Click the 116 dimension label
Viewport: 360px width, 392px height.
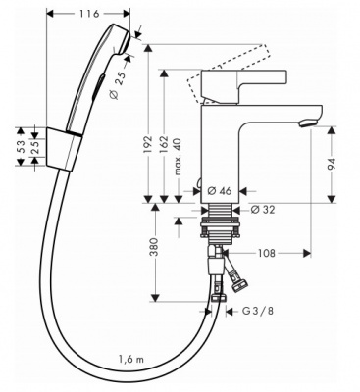[x=88, y=14]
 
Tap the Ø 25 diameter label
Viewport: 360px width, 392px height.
[x=117, y=84]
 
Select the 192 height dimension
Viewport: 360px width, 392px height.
[x=148, y=144]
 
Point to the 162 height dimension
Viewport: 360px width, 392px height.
[x=164, y=144]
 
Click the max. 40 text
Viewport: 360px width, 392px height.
[x=178, y=156]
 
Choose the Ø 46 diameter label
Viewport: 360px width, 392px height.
[x=220, y=190]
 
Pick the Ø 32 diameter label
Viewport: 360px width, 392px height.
[x=263, y=210]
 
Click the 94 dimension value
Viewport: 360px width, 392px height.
[x=332, y=165]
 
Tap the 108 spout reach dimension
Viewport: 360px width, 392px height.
[x=267, y=253]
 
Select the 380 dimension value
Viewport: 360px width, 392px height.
[x=154, y=247]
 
